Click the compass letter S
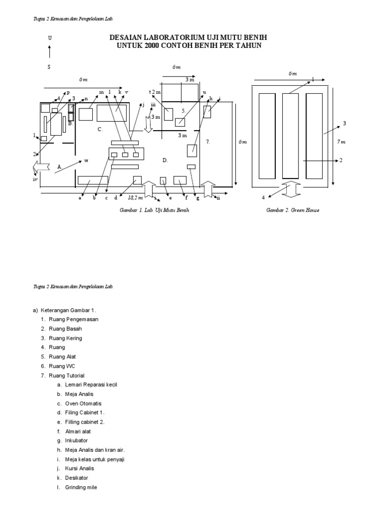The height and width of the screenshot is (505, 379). pos(49,67)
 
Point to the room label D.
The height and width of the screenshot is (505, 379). pos(165,160)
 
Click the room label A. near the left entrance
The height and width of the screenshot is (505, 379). pos(59,167)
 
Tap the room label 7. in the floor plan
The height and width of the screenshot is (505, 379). pos(208,142)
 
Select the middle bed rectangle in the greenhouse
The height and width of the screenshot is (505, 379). pos(291,136)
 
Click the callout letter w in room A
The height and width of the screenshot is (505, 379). pos(86,161)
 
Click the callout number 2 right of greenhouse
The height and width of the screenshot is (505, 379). pos(341,161)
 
